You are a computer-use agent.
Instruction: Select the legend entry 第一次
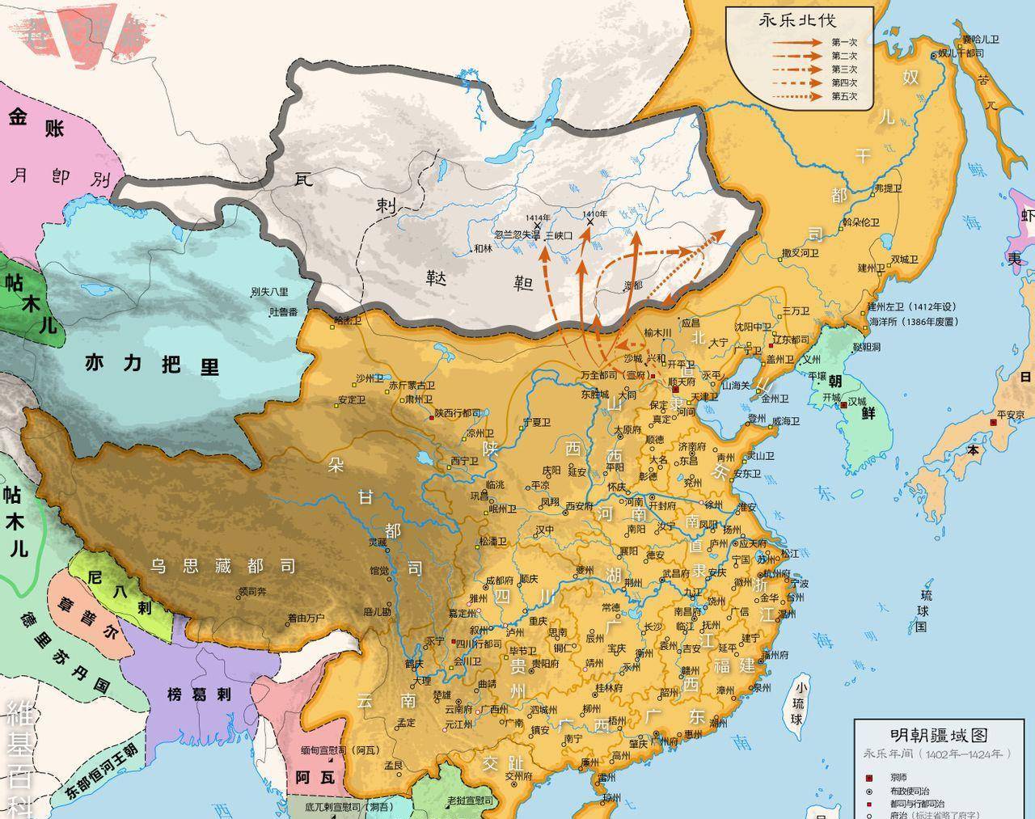(x=843, y=42)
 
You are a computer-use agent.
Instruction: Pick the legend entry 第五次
(x=843, y=96)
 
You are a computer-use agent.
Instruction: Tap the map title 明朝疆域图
(x=939, y=735)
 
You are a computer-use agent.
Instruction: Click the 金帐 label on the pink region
(x=36, y=123)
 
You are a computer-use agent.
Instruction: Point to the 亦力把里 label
(x=151, y=364)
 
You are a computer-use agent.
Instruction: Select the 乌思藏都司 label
(x=222, y=566)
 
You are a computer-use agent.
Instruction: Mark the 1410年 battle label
(x=594, y=214)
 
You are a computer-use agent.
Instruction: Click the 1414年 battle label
(x=537, y=218)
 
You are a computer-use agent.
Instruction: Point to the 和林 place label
(x=483, y=248)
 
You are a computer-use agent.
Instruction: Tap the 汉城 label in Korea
(x=855, y=401)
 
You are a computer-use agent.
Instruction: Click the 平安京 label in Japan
(x=1011, y=414)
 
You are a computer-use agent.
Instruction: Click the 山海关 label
(x=737, y=385)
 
